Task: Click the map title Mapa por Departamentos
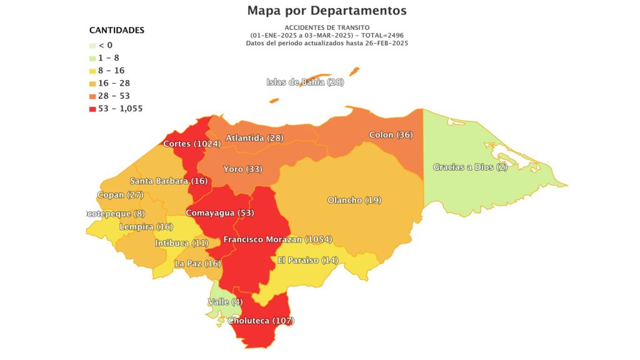click(x=326, y=11)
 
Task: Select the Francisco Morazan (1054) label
click(x=277, y=239)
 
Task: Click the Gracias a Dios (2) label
click(x=470, y=167)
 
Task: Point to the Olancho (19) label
click(x=354, y=200)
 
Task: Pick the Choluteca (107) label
click(x=261, y=321)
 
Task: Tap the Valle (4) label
click(x=225, y=302)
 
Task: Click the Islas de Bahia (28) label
click(x=305, y=82)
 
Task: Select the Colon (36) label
click(x=391, y=134)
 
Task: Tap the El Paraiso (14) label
click(x=307, y=260)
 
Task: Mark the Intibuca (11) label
click(x=181, y=242)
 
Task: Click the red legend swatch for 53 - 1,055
click(x=92, y=109)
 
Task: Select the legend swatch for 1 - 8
click(x=92, y=58)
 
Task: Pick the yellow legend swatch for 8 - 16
click(x=92, y=71)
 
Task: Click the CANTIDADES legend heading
click(x=117, y=30)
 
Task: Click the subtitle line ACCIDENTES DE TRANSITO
click(x=326, y=28)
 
